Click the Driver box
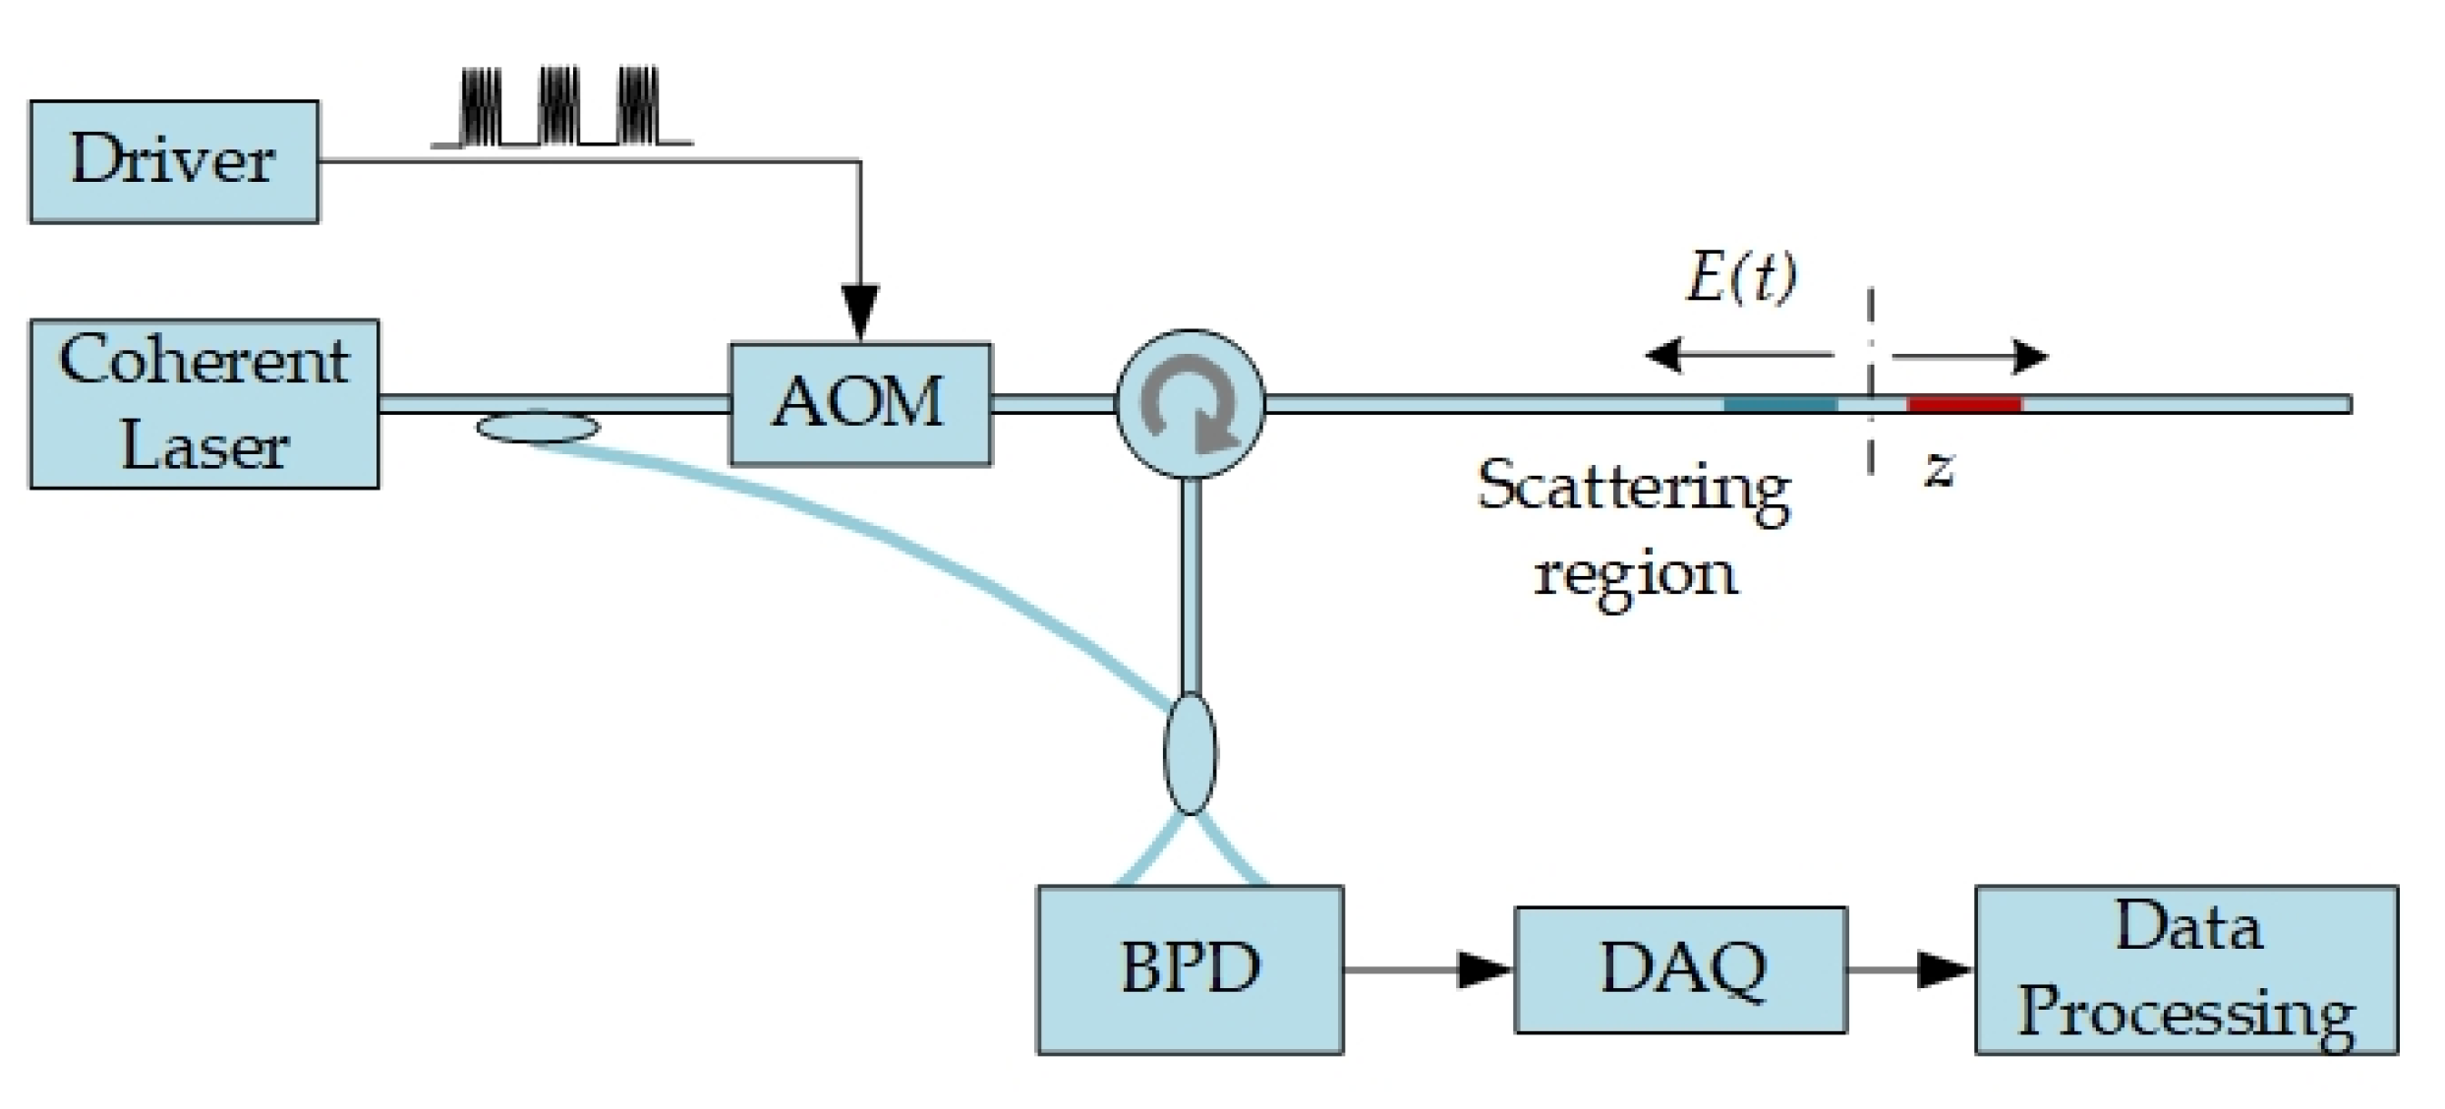(174, 161)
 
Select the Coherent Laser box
(204, 403)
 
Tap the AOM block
(860, 403)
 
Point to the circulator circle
(1190, 404)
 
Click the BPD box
(1190, 969)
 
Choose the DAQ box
(1680, 969)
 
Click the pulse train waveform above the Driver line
(560, 108)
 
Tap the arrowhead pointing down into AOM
(860, 312)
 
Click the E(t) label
(1741, 277)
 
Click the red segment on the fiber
(1964, 404)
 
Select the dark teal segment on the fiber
(1779, 404)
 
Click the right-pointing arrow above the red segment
(1970, 356)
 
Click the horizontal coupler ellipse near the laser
(538, 428)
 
